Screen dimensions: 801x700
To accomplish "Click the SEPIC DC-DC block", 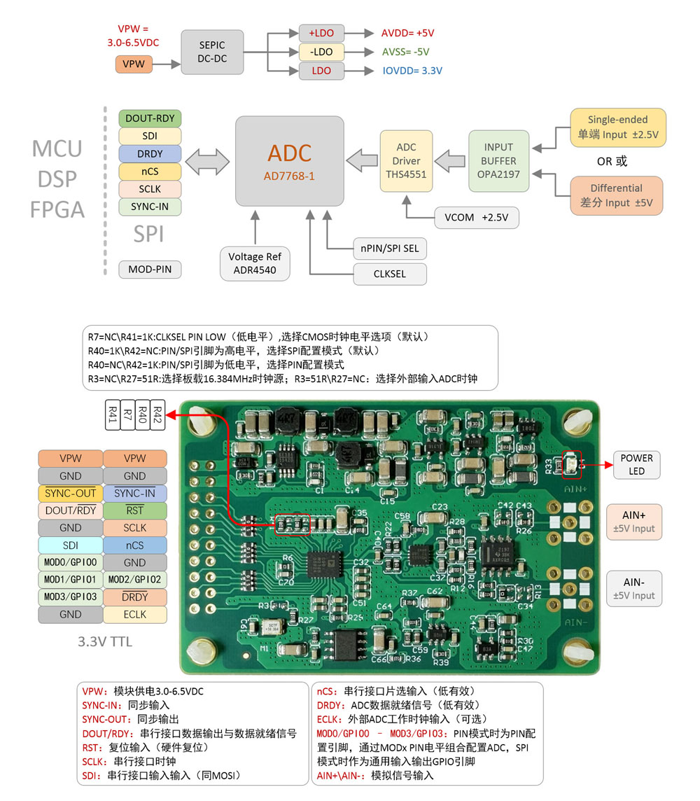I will click(x=212, y=52).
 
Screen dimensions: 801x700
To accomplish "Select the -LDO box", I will click(x=321, y=52).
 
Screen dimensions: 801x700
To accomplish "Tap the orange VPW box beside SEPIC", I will click(x=133, y=64).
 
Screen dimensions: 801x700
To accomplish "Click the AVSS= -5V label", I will click(x=405, y=52).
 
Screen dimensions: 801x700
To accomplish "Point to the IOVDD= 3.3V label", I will click(x=412, y=71).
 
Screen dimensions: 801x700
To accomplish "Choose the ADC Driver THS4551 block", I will click(x=406, y=161).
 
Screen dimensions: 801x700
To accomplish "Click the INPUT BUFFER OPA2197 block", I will click(x=498, y=161).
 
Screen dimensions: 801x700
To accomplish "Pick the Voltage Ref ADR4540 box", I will click(x=255, y=263).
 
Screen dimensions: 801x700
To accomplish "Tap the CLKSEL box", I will click(x=390, y=274).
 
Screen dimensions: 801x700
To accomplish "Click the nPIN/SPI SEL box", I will click(x=390, y=248).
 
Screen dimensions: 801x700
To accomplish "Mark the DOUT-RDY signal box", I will click(x=150, y=118).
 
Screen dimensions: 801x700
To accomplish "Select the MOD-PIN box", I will click(x=150, y=270).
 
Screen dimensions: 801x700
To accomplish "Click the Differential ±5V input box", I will click(x=616, y=195).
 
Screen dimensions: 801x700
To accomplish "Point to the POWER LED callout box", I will click(x=636, y=464).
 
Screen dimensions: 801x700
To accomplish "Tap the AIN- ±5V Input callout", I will click(x=633, y=588).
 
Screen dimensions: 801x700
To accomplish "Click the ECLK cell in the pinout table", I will click(x=135, y=614).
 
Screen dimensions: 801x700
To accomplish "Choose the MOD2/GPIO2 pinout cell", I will click(x=135, y=580).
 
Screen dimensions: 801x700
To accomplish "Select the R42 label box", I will click(x=157, y=415).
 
